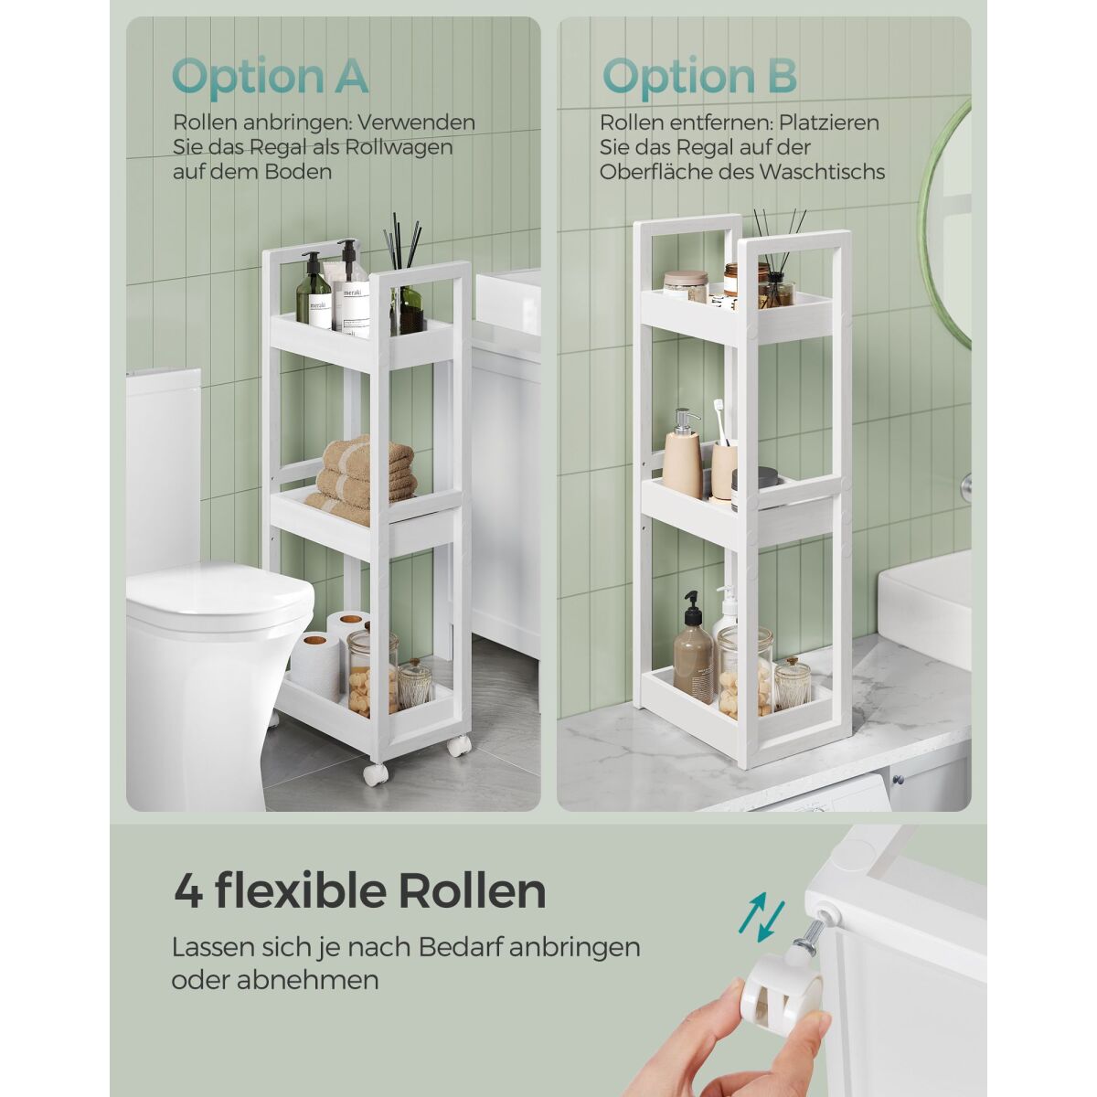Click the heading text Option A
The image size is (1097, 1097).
coord(270,76)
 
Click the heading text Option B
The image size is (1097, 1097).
coord(699,76)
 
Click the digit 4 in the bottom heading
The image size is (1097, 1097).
coord(189,891)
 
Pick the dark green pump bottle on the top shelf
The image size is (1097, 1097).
coord(313,291)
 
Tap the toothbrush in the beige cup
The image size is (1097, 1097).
coord(719,421)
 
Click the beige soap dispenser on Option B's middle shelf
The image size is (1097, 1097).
coord(683,461)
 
